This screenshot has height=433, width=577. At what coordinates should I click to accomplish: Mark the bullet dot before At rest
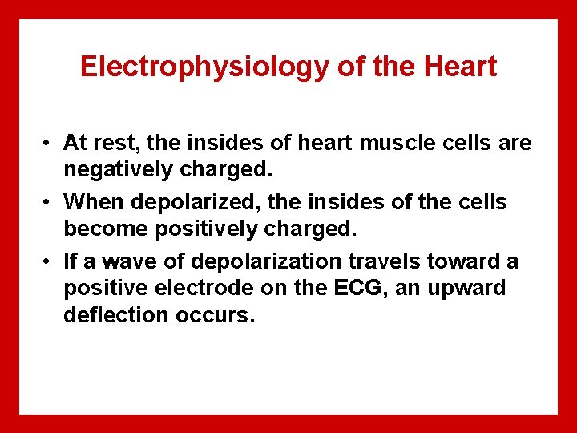pyautogui.click(x=49, y=144)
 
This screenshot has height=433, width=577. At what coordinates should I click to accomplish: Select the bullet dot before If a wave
pyautogui.click(x=49, y=262)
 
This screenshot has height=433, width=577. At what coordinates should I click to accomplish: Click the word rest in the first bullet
pyautogui.click(x=117, y=143)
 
